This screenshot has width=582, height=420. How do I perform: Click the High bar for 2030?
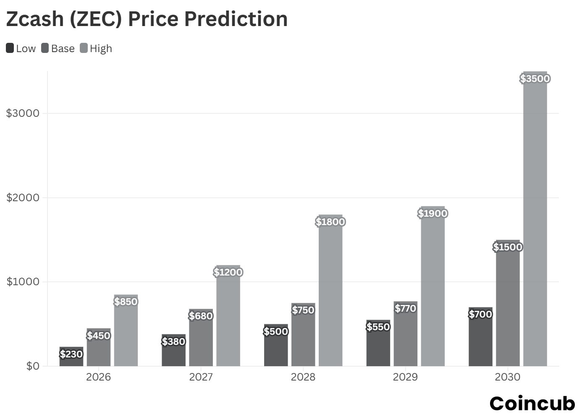click(x=535, y=218)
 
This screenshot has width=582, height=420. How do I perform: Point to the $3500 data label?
click(x=535, y=79)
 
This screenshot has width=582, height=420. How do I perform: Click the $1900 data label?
click(x=433, y=213)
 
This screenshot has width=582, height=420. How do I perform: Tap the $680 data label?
click(x=201, y=316)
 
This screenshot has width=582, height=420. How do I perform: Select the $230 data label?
click(x=71, y=354)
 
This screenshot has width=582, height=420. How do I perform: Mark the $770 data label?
click(x=405, y=308)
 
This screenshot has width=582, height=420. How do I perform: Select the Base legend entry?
click(x=58, y=48)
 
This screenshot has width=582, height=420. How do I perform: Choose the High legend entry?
click(x=96, y=48)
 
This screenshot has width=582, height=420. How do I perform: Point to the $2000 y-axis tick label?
click(x=23, y=197)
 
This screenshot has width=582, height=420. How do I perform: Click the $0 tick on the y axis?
click(x=33, y=366)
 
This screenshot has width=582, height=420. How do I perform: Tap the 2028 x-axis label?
click(x=303, y=377)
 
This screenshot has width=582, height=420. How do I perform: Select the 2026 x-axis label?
click(x=98, y=377)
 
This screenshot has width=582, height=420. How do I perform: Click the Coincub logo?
click(x=532, y=404)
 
